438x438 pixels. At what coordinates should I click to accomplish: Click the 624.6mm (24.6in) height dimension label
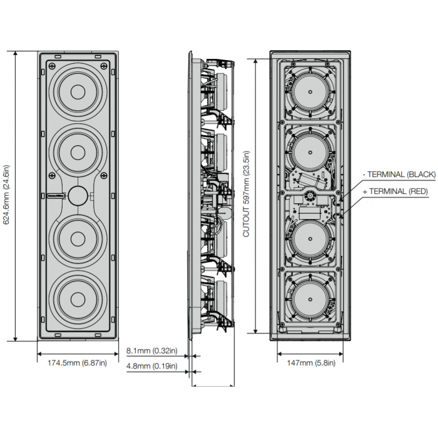6,195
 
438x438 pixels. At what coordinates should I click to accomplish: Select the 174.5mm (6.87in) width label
77,363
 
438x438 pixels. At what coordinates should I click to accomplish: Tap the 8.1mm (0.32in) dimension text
151,350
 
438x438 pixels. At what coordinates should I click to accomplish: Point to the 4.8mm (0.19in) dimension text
151,366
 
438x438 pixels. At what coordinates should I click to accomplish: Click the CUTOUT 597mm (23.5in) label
246,194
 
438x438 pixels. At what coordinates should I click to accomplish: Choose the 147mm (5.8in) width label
311,363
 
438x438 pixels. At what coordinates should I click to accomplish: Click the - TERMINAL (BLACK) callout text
399,175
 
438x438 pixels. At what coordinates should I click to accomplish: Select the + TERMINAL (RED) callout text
395,191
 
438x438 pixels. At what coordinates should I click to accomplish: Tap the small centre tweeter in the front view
78,195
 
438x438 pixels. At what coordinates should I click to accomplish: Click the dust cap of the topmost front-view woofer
78,91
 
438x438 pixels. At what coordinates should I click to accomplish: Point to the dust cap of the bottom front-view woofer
78,300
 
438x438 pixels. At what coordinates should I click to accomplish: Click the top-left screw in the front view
52,66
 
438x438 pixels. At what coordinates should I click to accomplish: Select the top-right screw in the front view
104,66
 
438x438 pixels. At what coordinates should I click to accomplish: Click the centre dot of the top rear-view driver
310,91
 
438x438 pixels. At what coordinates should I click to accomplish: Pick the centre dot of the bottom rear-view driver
310,300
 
